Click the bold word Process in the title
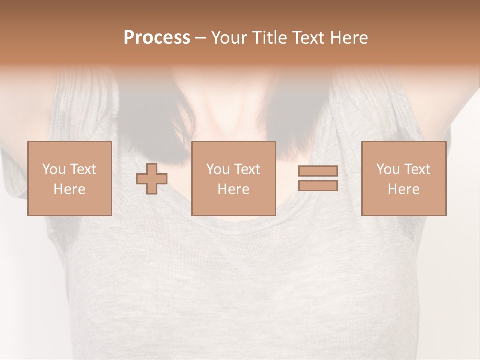point(157,38)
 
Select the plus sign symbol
point(152,179)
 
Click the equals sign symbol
point(318,178)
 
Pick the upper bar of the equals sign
point(318,171)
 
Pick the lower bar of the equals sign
point(318,185)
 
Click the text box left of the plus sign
point(69,178)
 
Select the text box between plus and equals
point(233,178)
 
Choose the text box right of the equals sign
point(403,178)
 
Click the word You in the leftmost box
point(53,169)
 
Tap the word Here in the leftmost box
point(69,189)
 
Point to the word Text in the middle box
point(247,169)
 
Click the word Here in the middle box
point(233,189)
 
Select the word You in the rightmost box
point(387,169)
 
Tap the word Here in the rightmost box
point(403,189)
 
